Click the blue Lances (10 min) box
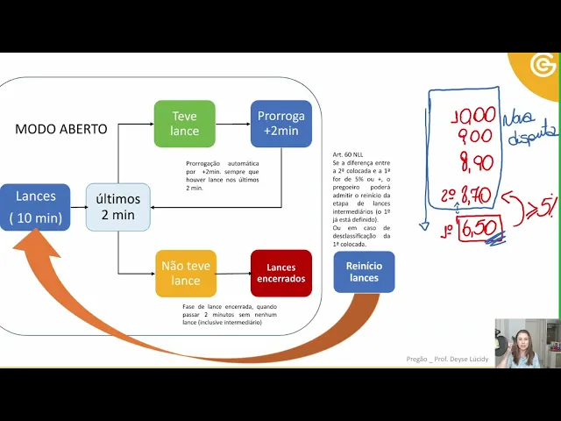point(35,207)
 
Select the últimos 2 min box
point(117,207)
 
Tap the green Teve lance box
point(184,124)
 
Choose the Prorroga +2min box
point(280,124)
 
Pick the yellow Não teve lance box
point(185,273)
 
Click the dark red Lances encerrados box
point(281,273)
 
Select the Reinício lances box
point(364,272)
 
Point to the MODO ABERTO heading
point(61,129)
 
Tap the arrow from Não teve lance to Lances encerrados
point(232,273)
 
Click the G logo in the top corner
point(543,67)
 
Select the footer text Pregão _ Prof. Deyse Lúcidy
point(447,360)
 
